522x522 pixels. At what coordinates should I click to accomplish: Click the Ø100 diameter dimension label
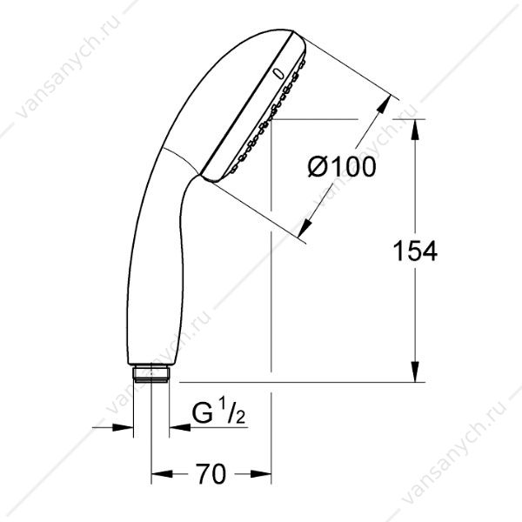(x=342, y=166)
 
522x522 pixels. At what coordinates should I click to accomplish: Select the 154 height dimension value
(x=415, y=251)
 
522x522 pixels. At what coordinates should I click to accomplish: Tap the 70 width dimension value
(x=211, y=474)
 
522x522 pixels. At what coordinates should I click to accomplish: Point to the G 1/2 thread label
(x=218, y=414)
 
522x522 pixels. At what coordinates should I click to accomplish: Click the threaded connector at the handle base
(x=151, y=373)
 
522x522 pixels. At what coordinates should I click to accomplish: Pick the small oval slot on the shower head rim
(x=278, y=74)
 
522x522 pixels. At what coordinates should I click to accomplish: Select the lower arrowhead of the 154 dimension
(x=415, y=371)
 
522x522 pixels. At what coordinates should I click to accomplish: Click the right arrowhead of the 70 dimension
(x=261, y=474)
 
